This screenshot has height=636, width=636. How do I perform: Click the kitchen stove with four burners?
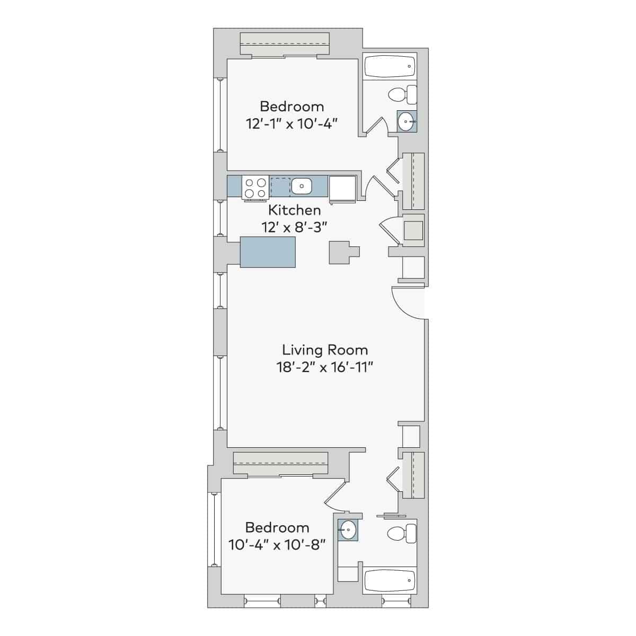coord(255,188)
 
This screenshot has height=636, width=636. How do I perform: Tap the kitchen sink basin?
coord(301,186)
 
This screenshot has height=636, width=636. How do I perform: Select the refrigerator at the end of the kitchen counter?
coord(342,188)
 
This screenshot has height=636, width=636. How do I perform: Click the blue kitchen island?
coord(268,252)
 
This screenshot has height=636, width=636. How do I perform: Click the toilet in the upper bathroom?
coord(403,95)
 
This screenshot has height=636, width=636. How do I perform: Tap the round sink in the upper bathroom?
coord(406,121)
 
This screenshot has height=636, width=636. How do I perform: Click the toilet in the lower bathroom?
coord(403,533)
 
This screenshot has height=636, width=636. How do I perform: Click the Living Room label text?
coord(324,350)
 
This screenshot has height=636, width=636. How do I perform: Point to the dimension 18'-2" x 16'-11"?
coord(324,367)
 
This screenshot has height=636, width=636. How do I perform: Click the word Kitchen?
coord(294,210)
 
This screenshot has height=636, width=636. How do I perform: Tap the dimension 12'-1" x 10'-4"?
coord(292,123)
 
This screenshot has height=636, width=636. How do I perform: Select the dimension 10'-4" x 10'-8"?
coord(277,544)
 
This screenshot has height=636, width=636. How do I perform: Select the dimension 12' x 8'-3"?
coord(294,227)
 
